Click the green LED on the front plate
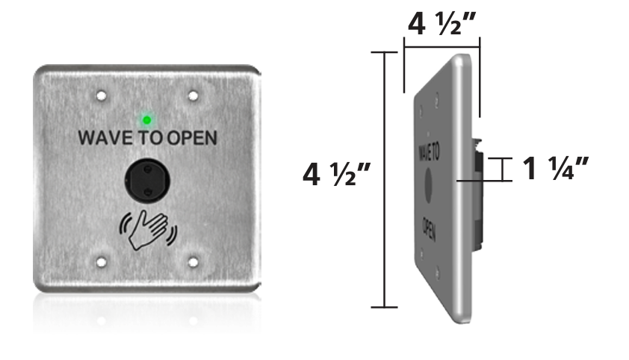point(147,119)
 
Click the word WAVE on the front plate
point(105,138)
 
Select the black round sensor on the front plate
point(147,180)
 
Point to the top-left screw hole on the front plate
point(100,96)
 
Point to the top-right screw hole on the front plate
point(193,96)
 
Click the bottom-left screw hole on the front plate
point(100,262)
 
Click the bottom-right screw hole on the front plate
point(193,262)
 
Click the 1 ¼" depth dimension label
point(556,169)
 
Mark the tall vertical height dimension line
point(384,179)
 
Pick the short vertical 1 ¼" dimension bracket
point(506,170)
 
